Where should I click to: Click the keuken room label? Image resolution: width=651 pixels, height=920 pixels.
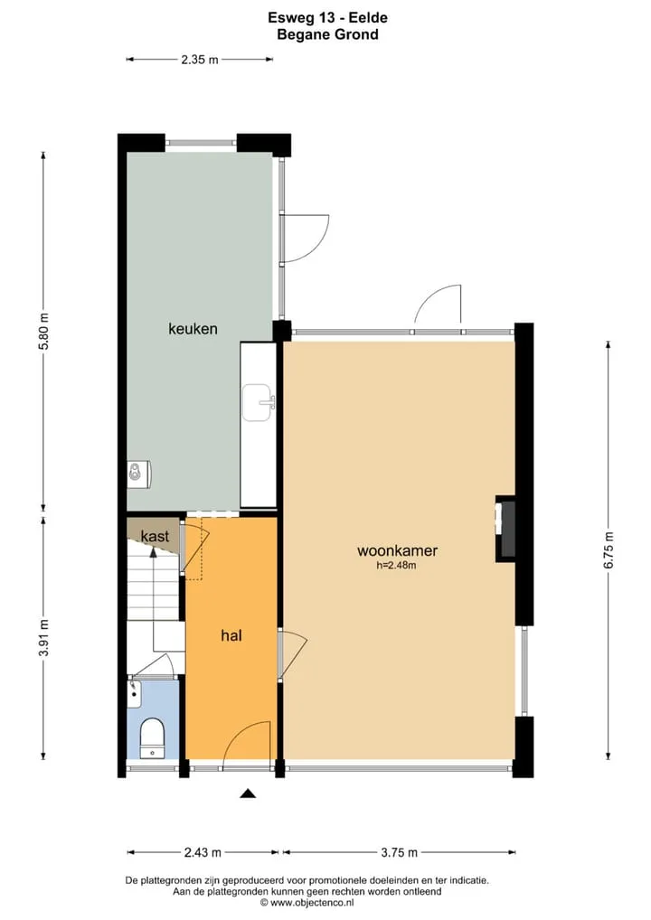(x=193, y=329)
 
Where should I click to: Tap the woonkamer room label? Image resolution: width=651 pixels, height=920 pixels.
(x=398, y=550)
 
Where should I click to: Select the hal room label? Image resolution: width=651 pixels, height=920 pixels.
(x=231, y=635)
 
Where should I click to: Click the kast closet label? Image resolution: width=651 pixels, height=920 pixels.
(x=155, y=536)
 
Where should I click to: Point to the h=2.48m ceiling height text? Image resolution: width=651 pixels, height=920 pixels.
(x=396, y=566)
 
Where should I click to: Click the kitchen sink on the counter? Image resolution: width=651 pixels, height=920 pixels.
(x=259, y=402)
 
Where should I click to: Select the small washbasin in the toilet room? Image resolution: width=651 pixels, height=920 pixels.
(x=135, y=693)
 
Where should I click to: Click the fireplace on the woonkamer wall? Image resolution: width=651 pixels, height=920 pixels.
(x=505, y=529)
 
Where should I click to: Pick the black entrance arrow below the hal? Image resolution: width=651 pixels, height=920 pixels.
(x=249, y=793)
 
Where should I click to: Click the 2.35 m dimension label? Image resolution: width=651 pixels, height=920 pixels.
(x=200, y=60)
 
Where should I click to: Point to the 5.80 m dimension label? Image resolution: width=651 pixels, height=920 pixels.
(x=43, y=332)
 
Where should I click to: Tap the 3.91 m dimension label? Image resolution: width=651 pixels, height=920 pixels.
(x=43, y=639)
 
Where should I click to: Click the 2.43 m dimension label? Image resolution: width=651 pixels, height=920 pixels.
(x=203, y=852)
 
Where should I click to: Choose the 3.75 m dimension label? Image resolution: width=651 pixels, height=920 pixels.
(x=399, y=852)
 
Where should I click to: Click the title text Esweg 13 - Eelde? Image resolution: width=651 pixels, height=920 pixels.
(x=327, y=17)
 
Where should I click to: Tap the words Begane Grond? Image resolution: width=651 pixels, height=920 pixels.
(x=327, y=34)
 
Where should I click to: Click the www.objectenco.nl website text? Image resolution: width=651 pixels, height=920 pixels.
(x=312, y=903)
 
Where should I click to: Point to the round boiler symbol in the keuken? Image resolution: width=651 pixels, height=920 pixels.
(x=136, y=473)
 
